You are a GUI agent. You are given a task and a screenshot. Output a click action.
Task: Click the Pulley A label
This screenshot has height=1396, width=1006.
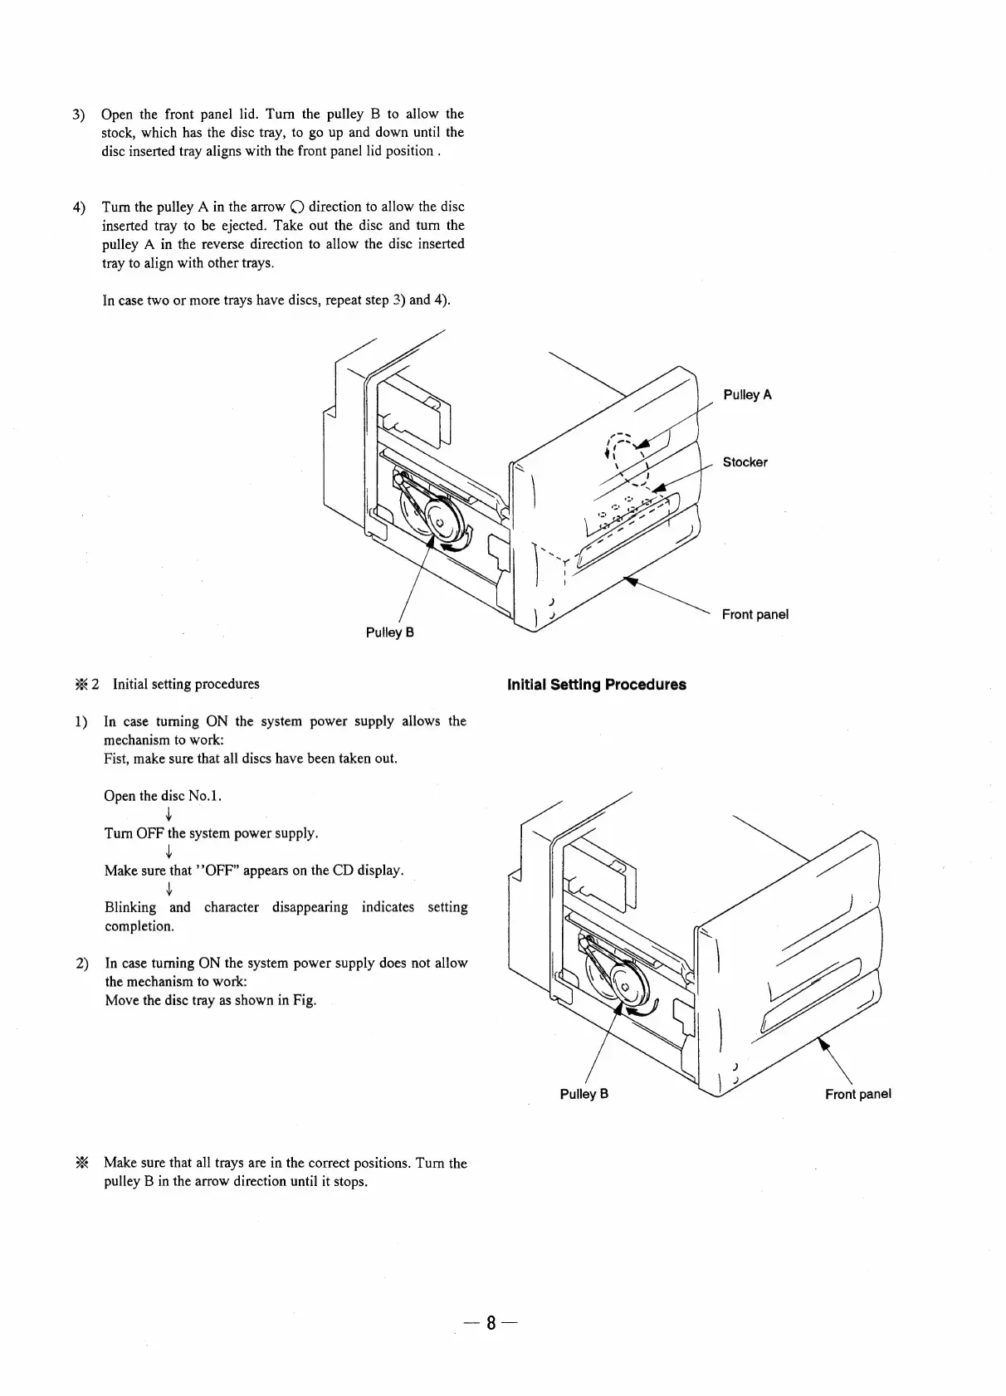(747, 394)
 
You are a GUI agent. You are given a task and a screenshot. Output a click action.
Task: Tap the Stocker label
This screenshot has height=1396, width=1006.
(745, 462)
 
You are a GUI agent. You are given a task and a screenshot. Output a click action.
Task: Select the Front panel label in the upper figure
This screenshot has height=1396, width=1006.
(754, 614)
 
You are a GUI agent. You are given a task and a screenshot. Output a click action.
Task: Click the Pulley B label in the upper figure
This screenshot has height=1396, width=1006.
(390, 632)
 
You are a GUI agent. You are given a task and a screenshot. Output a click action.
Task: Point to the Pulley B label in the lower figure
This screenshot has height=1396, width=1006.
(584, 1094)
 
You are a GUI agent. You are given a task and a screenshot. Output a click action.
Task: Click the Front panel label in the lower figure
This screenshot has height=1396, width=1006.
(857, 1094)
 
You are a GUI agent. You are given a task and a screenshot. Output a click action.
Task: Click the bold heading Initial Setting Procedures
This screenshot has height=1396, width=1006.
(596, 685)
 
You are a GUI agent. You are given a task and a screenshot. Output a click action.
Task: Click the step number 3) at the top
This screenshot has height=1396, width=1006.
(78, 115)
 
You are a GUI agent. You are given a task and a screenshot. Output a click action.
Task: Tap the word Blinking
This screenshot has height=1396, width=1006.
(130, 908)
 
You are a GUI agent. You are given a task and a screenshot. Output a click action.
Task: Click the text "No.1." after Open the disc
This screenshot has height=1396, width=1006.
(205, 797)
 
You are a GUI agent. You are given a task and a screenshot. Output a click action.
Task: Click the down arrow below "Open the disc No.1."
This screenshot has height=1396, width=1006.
(168, 814)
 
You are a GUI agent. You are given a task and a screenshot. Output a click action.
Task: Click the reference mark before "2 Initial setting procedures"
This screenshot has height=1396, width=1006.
(81, 685)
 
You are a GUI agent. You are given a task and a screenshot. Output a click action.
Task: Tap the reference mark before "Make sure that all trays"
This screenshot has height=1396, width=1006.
(81, 1163)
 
